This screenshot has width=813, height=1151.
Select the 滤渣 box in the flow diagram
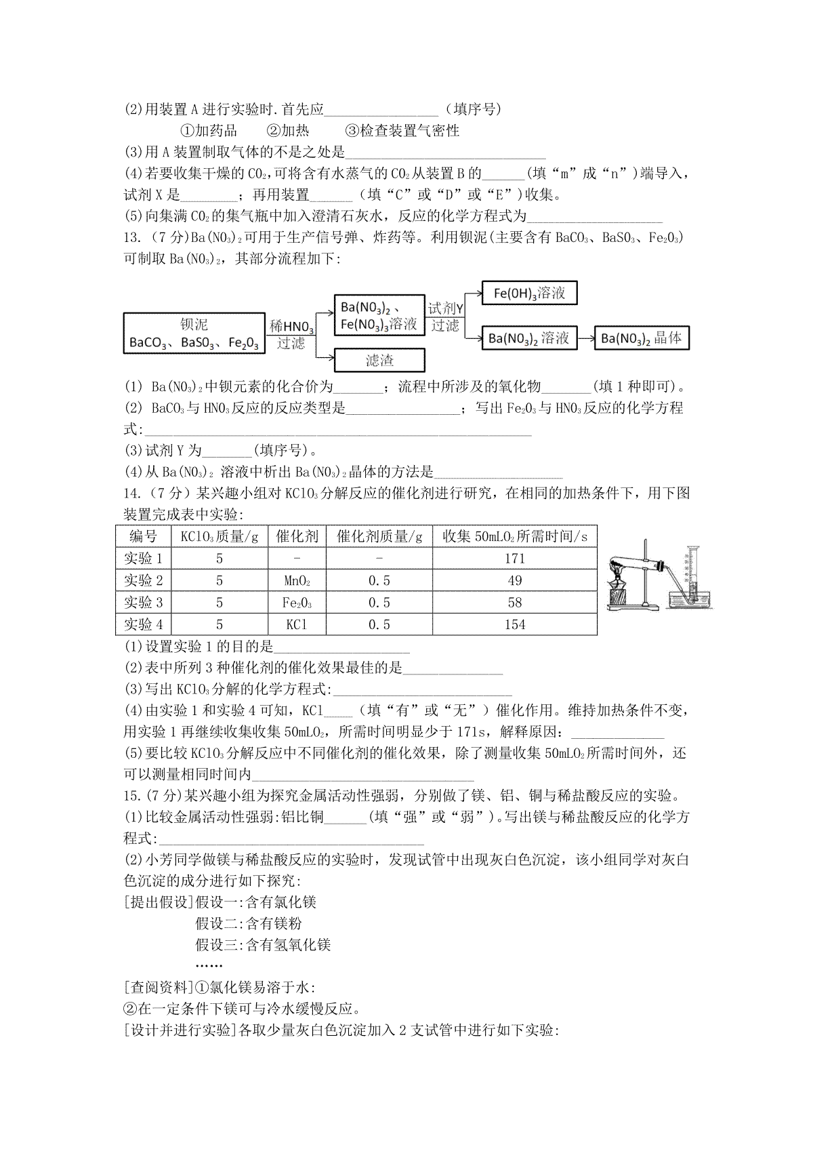tap(379, 361)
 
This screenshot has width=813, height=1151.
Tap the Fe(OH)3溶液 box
tap(529, 294)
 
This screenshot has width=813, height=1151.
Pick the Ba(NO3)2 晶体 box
tap(641, 338)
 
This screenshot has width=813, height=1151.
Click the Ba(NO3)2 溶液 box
tap(529, 338)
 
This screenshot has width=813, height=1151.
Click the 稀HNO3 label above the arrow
tap(291, 327)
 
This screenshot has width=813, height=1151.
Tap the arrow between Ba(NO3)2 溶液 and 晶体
tap(585, 338)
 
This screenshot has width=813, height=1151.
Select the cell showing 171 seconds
tap(514, 559)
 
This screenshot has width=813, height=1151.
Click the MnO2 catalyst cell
tap(297, 581)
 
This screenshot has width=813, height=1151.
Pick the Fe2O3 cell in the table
tap(297, 603)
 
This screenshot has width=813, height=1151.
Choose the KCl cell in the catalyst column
tap(297, 624)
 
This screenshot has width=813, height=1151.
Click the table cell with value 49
tap(514, 581)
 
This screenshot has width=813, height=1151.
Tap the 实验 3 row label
tap(144, 603)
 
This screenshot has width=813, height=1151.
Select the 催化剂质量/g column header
tap(379, 537)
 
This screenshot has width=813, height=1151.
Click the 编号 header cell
tap(144, 537)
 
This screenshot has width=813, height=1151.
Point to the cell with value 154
tap(514, 624)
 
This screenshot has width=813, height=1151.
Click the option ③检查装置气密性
tap(402, 131)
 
